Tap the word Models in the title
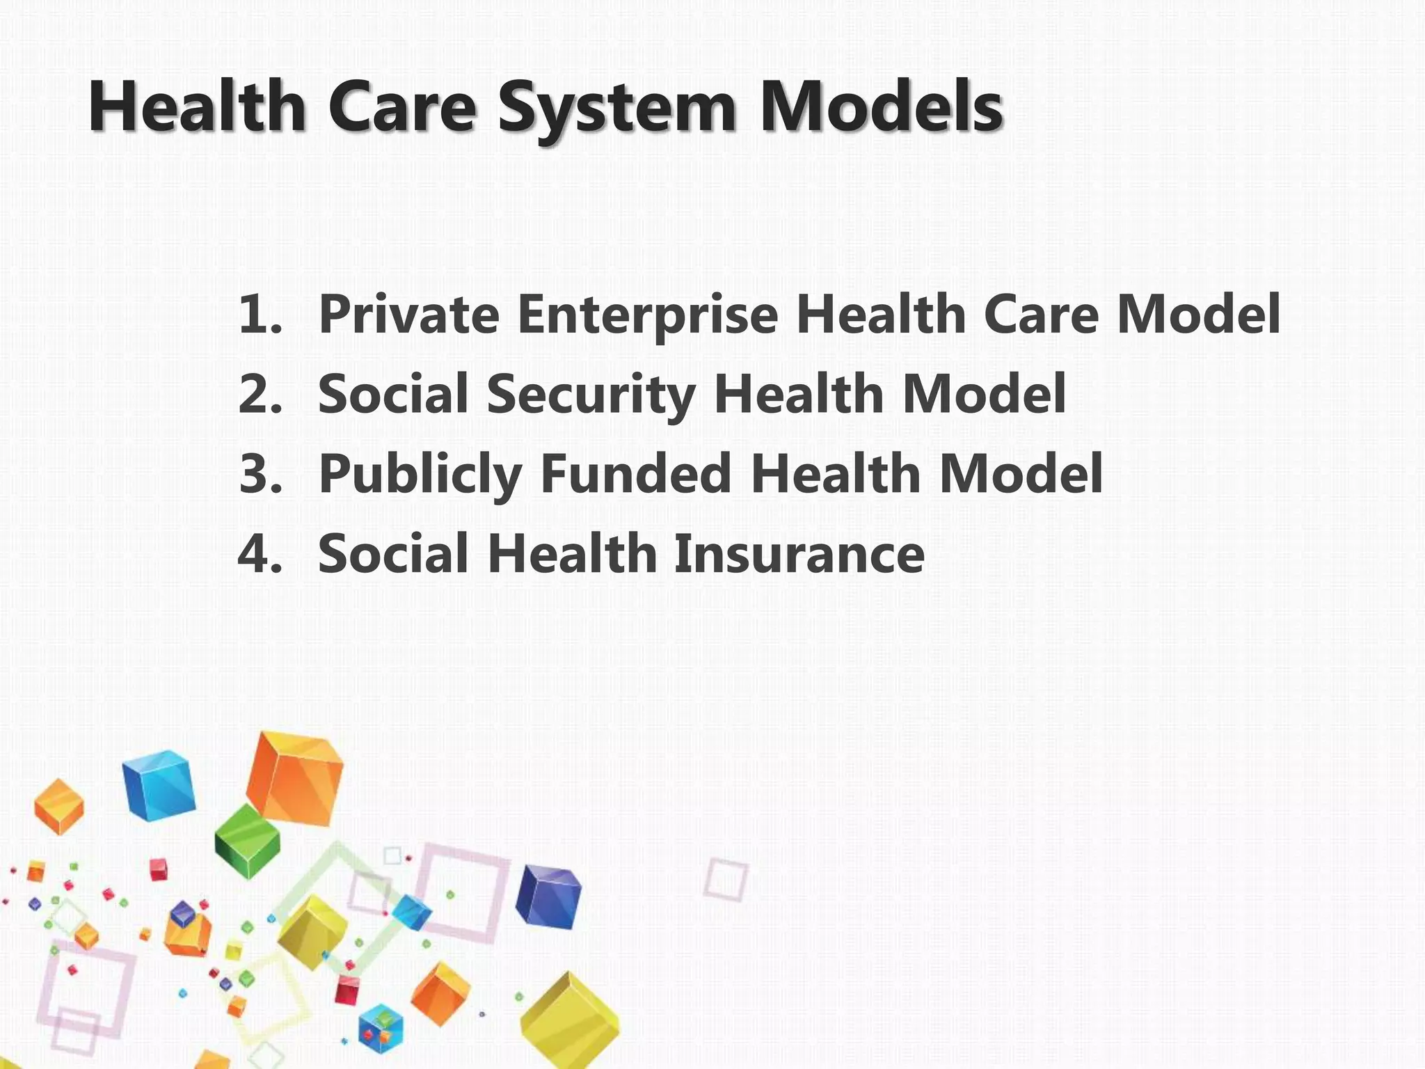click(x=880, y=108)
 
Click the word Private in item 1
click(x=408, y=315)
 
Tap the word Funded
click(x=635, y=474)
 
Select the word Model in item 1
click(x=1197, y=315)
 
